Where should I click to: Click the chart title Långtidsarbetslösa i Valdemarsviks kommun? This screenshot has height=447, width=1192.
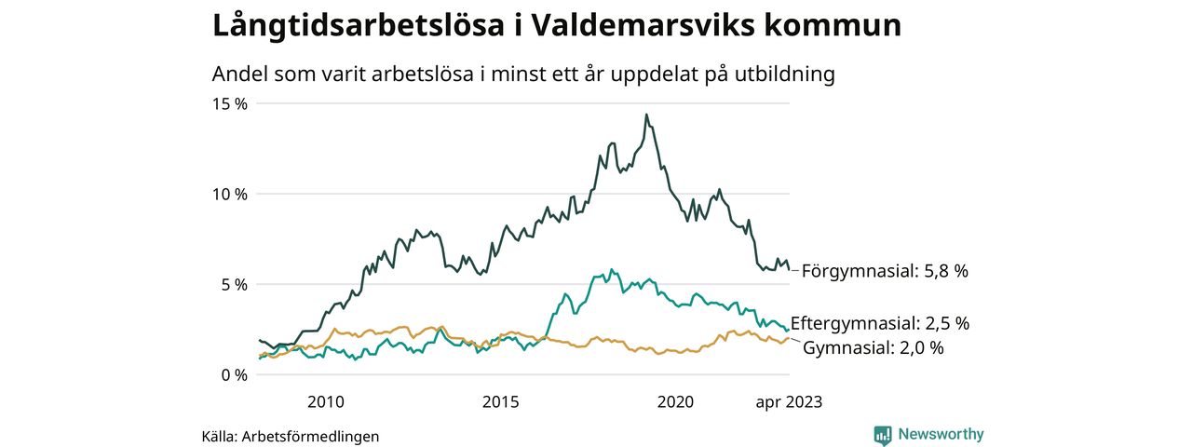tap(557, 25)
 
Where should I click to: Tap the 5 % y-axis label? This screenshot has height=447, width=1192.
tap(233, 284)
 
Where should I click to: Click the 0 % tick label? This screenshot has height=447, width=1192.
tap(233, 374)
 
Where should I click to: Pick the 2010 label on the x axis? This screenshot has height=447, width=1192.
tap(326, 402)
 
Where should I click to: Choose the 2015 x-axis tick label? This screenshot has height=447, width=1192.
tap(501, 402)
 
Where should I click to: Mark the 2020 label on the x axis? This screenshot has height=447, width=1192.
tap(676, 402)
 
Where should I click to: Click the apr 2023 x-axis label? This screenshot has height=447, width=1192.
tap(788, 402)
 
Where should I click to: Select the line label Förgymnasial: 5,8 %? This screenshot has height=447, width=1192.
tap(885, 271)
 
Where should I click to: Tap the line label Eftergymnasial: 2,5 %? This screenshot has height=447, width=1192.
tap(880, 324)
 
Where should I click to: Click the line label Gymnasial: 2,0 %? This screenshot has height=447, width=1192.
tap(873, 348)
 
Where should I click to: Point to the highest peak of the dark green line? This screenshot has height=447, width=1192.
tap(646, 115)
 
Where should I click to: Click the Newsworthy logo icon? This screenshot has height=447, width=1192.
tap(883, 435)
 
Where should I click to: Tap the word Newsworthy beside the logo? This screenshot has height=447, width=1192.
tap(941, 434)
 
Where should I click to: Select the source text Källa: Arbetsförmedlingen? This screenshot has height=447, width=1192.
tap(291, 436)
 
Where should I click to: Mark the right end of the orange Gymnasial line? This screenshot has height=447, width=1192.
tap(789, 338)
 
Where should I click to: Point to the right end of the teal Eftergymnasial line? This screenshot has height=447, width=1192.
tap(789, 330)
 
